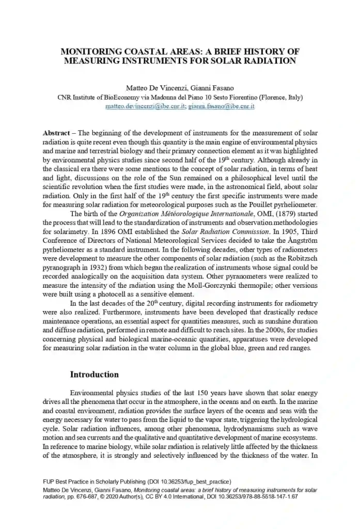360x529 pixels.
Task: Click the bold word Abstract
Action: (x=56, y=133)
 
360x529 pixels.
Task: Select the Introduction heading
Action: (x=94, y=374)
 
